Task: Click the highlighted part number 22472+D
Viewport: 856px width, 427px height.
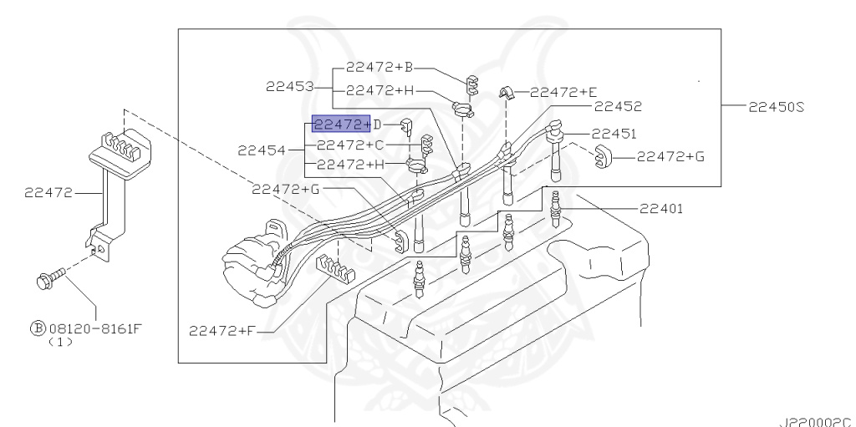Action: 342,125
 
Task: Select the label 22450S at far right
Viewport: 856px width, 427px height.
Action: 777,107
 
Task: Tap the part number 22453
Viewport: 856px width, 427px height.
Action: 290,86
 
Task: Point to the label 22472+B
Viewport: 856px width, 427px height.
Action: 380,66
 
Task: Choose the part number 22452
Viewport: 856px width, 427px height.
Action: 618,106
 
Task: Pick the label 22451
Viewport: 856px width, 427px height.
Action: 614,133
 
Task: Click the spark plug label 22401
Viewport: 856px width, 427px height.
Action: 661,209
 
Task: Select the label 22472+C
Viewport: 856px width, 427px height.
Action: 349,145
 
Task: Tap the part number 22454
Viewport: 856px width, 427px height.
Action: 262,150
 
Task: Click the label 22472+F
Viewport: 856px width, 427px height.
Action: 222,330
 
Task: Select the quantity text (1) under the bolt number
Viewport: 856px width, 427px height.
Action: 60,342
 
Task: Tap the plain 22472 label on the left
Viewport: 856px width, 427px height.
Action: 48,192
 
